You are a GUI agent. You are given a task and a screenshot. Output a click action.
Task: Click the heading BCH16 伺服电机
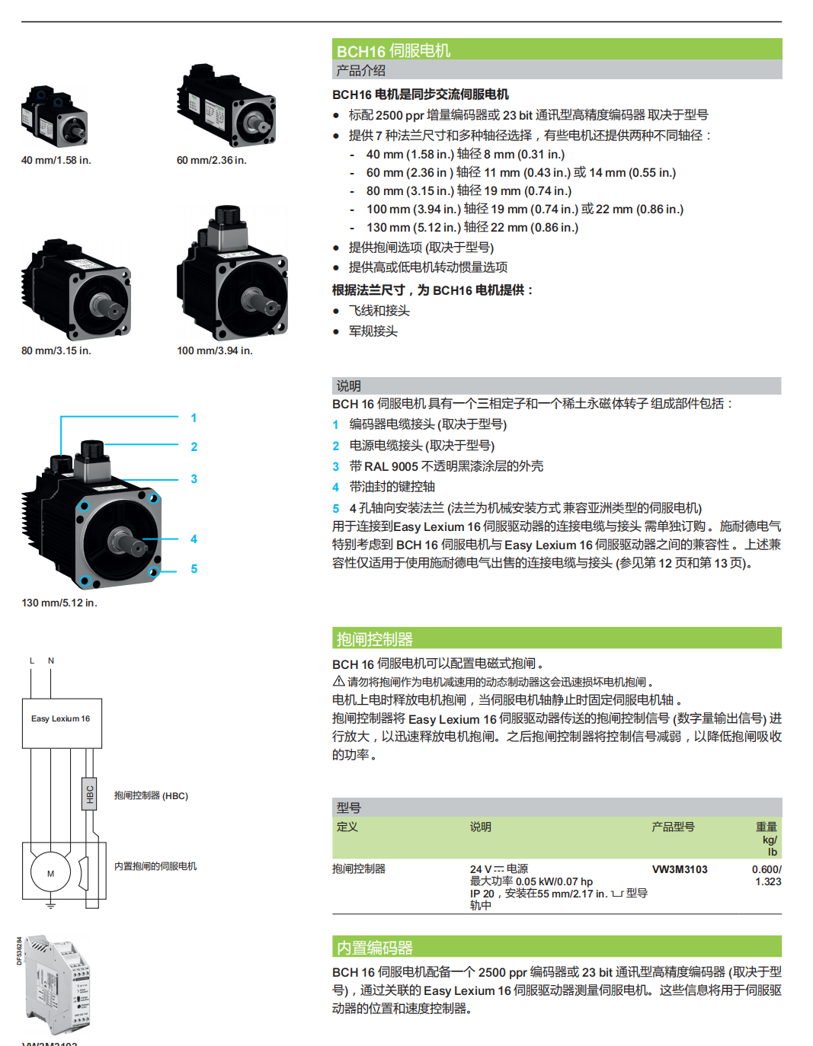[x=393, y=50]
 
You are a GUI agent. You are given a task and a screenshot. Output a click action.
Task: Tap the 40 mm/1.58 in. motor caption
[x=56, y=160]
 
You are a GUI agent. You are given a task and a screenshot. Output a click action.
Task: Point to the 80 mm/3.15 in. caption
[x=56, y=350]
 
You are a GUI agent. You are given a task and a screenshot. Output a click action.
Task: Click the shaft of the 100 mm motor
[x=263, y=300]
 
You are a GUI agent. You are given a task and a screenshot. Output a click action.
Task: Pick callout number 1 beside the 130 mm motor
[x=194, y=417]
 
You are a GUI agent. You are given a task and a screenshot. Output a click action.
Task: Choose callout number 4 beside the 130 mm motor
[x=194, y=539]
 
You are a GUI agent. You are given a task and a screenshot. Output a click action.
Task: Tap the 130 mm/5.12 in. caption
[x=59, y=603]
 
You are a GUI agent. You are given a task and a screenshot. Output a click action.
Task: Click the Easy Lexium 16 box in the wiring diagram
[x=61, y=719]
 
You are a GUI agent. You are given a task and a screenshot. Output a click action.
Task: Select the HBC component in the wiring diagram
[x=89, y=794]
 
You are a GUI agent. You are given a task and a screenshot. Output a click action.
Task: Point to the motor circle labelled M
[x=50, y=873]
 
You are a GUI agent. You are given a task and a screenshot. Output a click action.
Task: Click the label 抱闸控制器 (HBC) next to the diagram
[x=151, y=795]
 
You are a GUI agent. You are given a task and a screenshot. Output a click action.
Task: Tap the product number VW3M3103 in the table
[x=680, y=869]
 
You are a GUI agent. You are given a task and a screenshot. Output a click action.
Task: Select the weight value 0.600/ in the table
[x=767, y=869]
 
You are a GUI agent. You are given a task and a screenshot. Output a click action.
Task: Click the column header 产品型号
[x=673, y=827]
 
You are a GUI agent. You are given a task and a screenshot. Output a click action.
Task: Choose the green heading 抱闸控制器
[x=375, y=639]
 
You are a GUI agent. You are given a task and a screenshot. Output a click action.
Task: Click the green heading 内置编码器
[x=375, y=948]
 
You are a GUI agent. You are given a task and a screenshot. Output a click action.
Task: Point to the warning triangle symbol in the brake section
[x=339, y=681]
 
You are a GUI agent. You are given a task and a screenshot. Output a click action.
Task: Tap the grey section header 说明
[x=349, y=385]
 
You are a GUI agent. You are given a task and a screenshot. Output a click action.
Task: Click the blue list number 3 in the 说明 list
[x=335, y=466]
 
